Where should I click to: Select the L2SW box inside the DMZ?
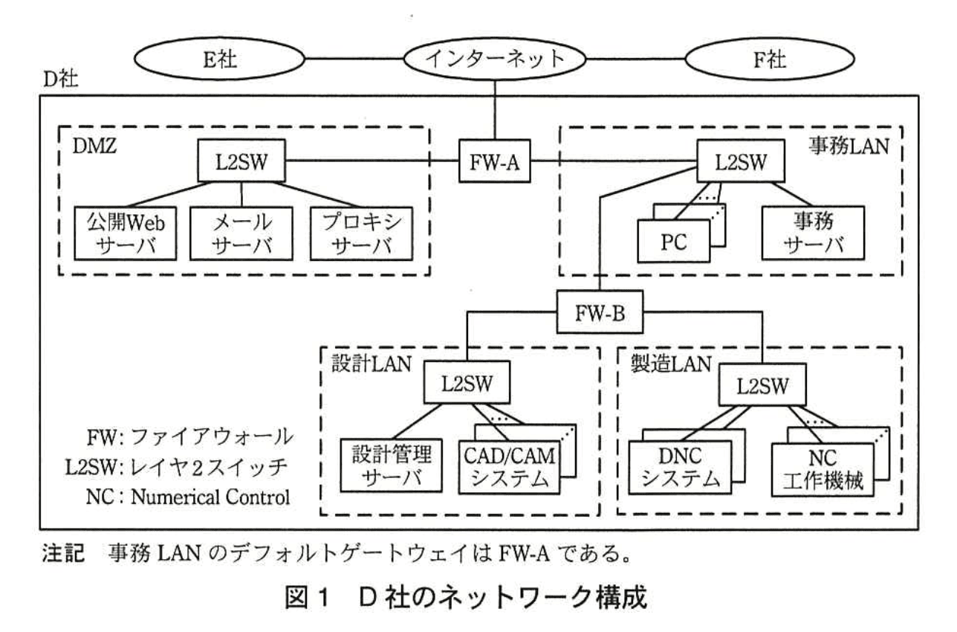point(242,161)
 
